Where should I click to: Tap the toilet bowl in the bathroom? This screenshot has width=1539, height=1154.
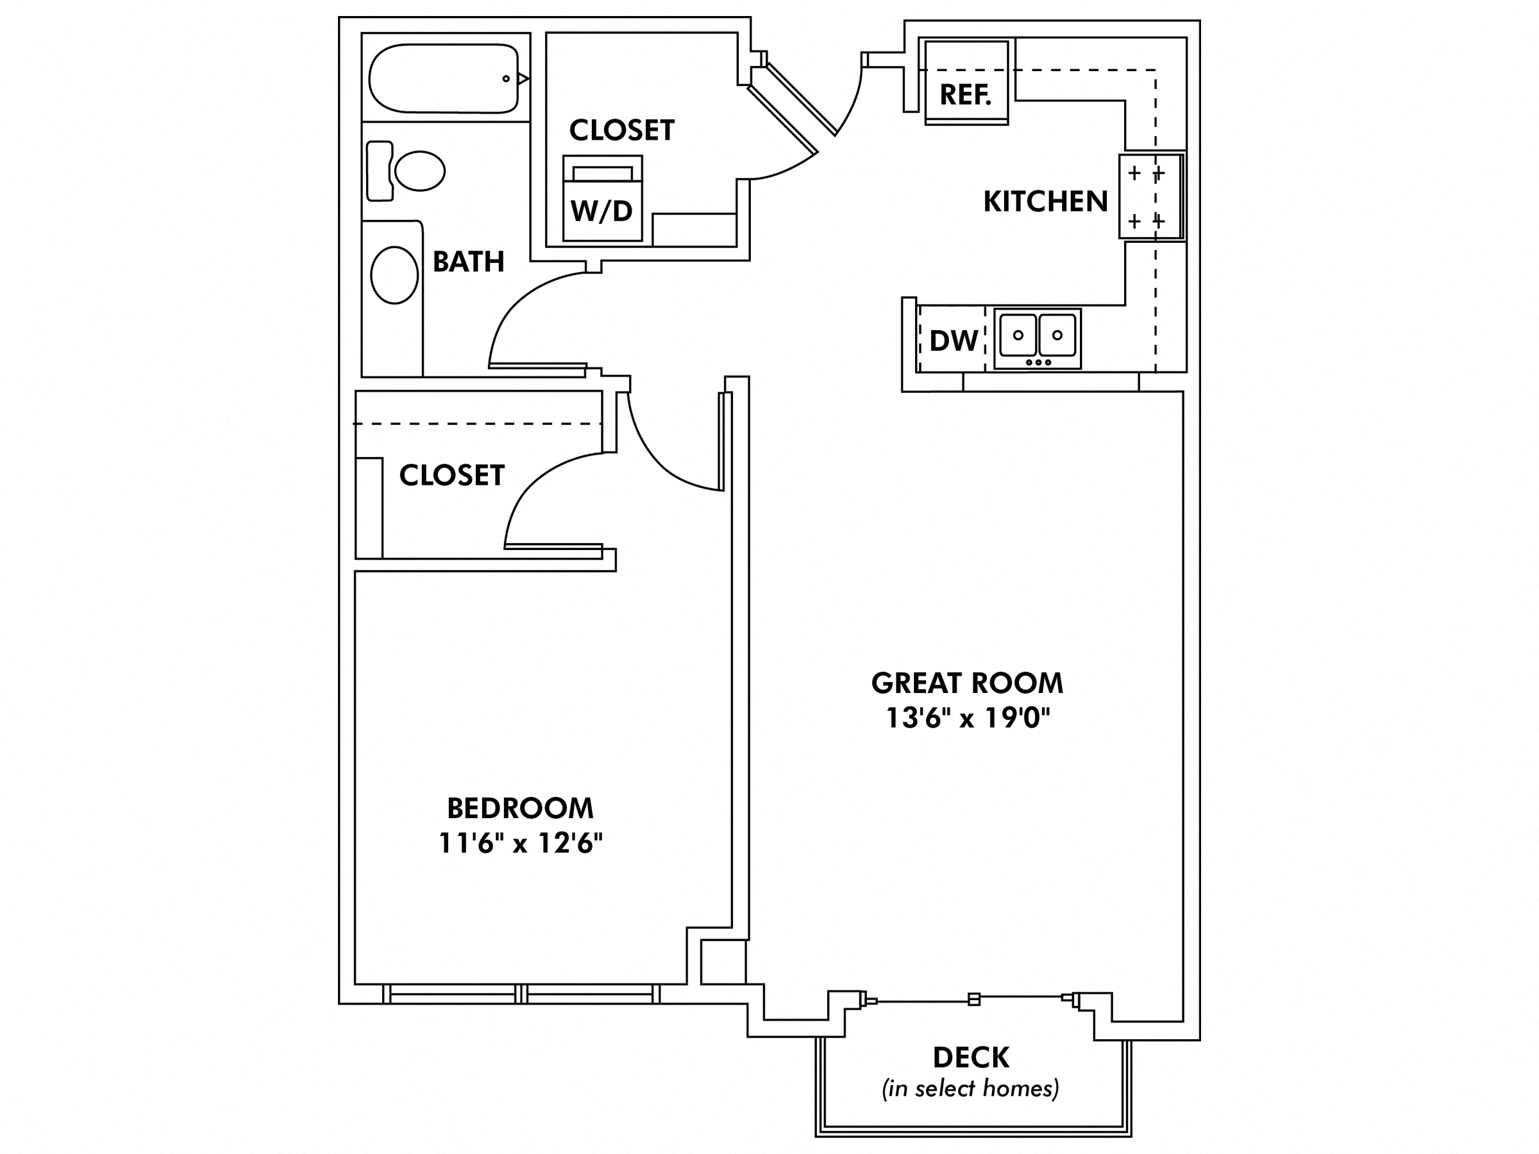(x=419, y=171)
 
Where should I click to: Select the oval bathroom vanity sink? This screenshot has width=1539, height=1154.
(x=394, y=275)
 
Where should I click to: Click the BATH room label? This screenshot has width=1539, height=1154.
(x=468, y=262)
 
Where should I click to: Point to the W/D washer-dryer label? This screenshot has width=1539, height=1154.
(x=602, y=211)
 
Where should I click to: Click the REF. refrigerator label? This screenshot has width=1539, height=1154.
(x=965, y=95)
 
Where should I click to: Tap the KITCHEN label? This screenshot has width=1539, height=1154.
(x=1045, y=202)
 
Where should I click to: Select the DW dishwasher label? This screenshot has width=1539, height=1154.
(x=953, y=341)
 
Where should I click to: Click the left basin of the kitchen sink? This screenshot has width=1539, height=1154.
(x=1018, y=335)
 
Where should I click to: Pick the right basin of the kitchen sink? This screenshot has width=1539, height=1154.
(x=1057, y=335)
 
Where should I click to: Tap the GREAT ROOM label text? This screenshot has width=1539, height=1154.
(x=967, y=683)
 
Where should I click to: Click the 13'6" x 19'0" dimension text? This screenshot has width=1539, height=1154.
(x=967, y=718)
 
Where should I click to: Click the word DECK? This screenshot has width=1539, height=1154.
(x=971, y=1057)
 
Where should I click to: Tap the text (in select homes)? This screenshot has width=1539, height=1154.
(x=971, y=1089)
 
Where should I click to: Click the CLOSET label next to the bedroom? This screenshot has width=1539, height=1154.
(x=451, y=475)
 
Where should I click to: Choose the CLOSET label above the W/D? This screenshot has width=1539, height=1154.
(x=621, y=130)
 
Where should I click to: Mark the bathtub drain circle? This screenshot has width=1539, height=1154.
(x=506, y=79)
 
